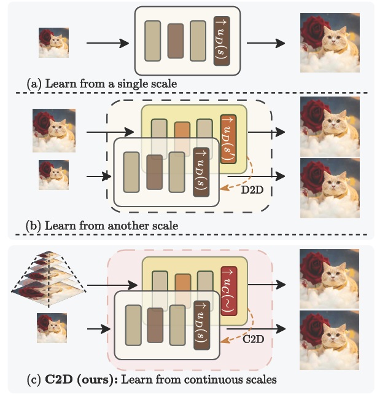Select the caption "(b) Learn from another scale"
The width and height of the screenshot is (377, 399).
click(x=102, y=226)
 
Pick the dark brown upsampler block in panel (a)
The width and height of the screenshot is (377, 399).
click(x=221, y=38)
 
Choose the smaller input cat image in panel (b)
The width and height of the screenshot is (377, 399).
click(x=54, y=174)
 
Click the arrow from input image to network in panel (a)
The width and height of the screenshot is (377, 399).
click(x=107, y=43)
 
